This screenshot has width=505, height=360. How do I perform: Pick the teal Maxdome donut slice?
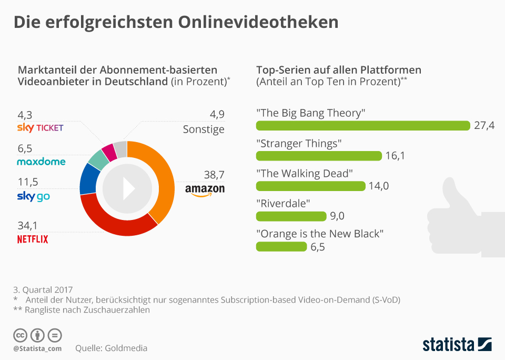coord(98,158)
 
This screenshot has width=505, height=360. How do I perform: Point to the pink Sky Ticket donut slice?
coord(109,152)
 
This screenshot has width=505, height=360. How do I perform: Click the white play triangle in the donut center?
coord(128,188)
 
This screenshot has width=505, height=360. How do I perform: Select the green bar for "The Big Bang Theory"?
coord(362,125)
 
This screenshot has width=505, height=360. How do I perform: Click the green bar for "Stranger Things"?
coord(319,156)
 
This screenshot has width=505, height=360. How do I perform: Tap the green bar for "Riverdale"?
coord(291,216)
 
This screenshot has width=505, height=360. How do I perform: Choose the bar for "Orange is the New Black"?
coord(281,246)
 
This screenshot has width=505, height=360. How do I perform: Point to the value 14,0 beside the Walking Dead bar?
coord(379,186)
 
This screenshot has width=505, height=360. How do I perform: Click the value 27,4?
coord(483,125)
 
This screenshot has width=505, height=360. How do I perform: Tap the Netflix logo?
coord(33,239)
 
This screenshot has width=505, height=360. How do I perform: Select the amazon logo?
coord(205,190)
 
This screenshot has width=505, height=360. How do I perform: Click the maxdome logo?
coord(41,162)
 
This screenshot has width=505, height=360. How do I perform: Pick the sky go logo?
coord(34,197)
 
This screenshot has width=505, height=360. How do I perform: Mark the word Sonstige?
coord(204,129)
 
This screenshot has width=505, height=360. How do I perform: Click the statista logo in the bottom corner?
coord(457,345)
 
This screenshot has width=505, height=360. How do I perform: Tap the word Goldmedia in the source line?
coord(126,348)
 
